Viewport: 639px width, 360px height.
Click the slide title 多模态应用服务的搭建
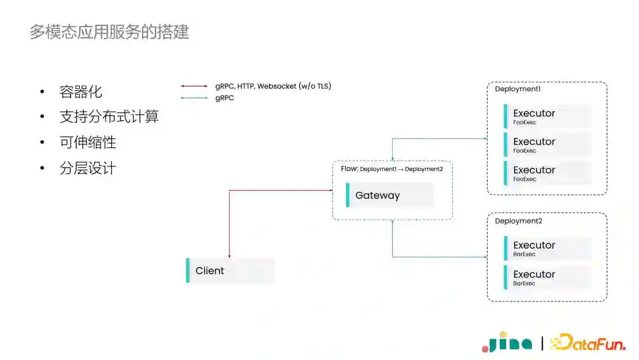point(109,31)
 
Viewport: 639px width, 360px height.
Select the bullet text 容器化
point(81,92)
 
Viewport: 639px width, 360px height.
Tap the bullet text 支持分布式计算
point(109,117)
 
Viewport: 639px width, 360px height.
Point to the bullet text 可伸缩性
point(88,143)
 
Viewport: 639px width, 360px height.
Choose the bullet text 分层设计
point(88,169)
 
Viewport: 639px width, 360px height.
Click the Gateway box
point(389,195)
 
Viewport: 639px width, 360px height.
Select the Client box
point(230,271)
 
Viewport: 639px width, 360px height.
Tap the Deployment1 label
point(518,89)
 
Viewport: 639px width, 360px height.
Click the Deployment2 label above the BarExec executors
point(518,221)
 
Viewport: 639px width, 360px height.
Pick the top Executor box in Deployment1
point(547,116)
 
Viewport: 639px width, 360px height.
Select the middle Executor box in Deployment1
point(547,144)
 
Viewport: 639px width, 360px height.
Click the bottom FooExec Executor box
point(547,173)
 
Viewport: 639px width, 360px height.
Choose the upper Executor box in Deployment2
point(547,248)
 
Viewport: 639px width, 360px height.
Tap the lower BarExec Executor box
point(547,277)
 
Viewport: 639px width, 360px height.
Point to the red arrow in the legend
point(194,86)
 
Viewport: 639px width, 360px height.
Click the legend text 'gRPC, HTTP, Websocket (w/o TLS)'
point(273,86)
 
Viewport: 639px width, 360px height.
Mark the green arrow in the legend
point(194,98)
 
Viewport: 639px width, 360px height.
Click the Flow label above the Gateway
point(392,169)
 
